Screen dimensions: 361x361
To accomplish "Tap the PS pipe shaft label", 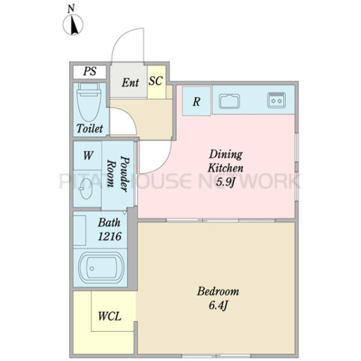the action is pos(90,71).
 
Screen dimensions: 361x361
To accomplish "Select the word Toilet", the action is pos(90,128).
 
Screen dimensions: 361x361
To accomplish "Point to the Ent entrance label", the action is pos(131,82).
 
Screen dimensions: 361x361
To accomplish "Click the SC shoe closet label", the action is pos(156,81).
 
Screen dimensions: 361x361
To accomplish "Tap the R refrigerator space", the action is pos(196,101).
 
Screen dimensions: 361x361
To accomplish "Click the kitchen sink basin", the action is pos(229,101).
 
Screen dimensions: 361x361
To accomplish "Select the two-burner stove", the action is pos(276,100).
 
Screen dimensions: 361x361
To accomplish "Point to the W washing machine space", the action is pos(88,156).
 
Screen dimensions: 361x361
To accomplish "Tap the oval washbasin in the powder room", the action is pos(85,189).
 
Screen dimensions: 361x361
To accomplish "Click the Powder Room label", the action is pos(118,174).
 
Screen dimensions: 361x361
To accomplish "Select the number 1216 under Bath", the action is pos(110,236).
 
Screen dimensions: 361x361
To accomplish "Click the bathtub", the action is pos(101,268).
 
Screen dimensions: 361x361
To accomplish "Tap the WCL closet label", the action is pos(110,316).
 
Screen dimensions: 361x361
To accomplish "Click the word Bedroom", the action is pos(218,291).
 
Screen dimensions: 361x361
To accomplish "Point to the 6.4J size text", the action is pos(218,305).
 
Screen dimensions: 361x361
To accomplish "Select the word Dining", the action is pos(226,155).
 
